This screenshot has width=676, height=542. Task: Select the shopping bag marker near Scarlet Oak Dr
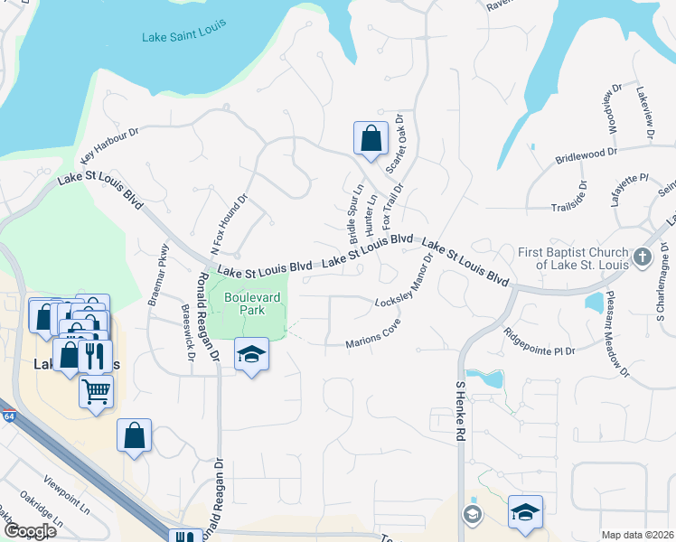tap(371, 139)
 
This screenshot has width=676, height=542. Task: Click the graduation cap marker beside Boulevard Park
tap(252, 354)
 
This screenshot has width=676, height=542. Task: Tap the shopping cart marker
tap(97, 392)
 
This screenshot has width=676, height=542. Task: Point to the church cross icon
tap(643, 257)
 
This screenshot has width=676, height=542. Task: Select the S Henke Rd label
tap(459, 411)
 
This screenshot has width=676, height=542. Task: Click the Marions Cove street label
tap(373, 336)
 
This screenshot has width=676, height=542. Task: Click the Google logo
tap(29, 530)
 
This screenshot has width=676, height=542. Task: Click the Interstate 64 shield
tap(8, 416)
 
